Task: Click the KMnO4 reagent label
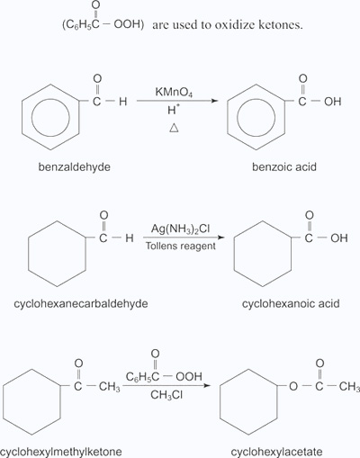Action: click(x=174, y=92)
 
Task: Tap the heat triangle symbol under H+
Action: click(x=174, y=129)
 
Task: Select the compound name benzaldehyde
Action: click(x=75, y=166)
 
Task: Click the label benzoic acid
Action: click(x=284, y=166)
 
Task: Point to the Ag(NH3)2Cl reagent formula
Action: click(x=180, y=229)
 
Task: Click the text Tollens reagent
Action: click(x=181, y=247)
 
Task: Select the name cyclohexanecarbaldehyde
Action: click(x=81, y=303)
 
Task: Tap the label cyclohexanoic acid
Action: click(x=291, y=303)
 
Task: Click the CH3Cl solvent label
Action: click(x=166, y=395)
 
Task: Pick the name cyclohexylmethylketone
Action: click(x=61, y=452)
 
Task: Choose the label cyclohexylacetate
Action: click(x=276, y=452)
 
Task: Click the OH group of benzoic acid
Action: click(x=333, y=102)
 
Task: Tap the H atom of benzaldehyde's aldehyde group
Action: click(x=122, y=102)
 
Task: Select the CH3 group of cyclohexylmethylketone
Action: click(x=110, y=387)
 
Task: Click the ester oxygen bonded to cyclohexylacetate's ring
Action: click(x=293, y=386)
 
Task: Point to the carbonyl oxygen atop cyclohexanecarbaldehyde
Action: click(x=103, y=215)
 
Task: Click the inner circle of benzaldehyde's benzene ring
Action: click(x=50, y=117)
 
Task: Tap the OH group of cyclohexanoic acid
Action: click(x=339, y=238)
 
